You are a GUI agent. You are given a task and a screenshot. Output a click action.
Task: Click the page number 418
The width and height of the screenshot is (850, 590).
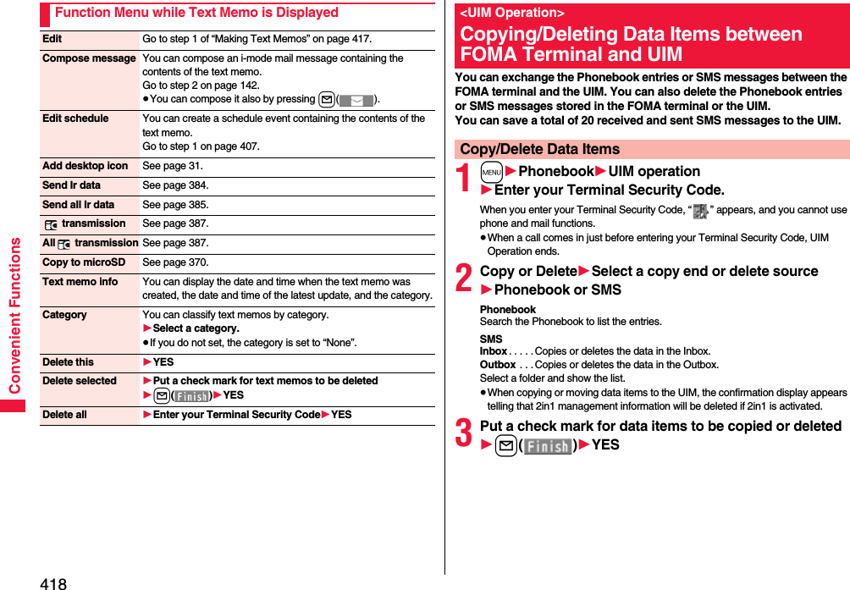point(52,582)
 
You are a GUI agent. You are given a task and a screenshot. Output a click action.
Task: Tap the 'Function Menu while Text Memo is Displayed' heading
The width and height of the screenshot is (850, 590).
point(196,13)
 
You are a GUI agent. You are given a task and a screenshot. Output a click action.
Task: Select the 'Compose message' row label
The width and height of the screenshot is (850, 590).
point(89,58)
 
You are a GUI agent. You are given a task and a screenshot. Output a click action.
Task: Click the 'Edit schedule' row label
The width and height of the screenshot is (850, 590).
point(75,119)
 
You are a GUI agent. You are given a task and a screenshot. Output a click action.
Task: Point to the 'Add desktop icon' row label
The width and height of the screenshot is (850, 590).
point(85,166)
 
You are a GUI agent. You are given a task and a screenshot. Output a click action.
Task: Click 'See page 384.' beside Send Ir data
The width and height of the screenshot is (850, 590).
point(175,185)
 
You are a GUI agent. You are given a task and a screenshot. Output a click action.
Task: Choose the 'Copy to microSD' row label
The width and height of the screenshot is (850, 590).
point(83,262)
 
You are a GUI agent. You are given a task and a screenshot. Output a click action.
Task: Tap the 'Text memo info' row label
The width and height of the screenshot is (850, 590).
point(80,282)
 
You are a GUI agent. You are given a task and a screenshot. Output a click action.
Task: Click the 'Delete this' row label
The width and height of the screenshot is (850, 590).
point(68,362)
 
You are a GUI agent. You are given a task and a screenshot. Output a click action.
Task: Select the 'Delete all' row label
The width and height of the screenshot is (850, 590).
point(64,415)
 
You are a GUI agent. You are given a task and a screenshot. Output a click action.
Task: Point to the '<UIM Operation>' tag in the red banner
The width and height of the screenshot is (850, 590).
point(512,13)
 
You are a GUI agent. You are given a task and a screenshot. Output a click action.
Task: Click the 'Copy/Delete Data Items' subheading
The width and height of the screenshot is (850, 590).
point(540,149)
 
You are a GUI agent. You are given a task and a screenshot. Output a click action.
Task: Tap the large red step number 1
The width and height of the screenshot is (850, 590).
point(465,179)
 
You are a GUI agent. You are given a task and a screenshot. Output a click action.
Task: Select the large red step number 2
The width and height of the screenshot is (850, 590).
point(465,279)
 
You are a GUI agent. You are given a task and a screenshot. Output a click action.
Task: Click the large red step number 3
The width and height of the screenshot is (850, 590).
point(465,434)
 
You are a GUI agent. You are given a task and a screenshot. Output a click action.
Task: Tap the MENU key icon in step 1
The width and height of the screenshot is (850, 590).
point(491,172)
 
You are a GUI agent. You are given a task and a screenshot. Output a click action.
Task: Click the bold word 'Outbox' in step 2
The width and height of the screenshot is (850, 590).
point(497,365)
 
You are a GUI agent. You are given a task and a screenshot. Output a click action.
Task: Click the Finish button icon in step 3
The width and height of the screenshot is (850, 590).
point(547,445)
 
